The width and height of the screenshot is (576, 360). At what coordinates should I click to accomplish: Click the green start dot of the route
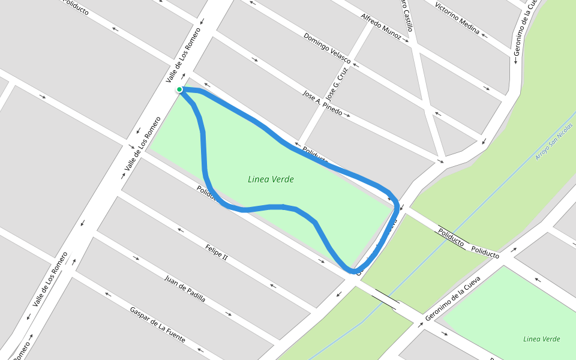[x=179, y=89]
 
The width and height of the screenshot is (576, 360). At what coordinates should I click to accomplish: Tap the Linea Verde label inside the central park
[x=271, y=179]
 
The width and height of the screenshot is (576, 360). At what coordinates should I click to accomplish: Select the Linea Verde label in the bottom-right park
[x=541, y=339]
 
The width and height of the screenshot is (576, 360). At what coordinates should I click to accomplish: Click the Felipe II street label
[x=216, y=252]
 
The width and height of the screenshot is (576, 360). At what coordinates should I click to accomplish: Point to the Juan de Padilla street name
[x=185, y=288]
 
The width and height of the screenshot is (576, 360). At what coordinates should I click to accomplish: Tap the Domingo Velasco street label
[x=326, y=44]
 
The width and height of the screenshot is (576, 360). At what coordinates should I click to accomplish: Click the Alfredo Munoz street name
[x=381, y=27]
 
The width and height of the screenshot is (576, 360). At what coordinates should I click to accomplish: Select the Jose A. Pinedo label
[x=323, y=103]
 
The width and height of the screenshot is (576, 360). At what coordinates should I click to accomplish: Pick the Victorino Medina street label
[x=457, y=17]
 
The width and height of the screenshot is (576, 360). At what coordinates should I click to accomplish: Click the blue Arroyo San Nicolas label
[x=554, y=142]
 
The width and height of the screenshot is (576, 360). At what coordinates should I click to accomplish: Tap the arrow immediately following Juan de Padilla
[x=229, y=314]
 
